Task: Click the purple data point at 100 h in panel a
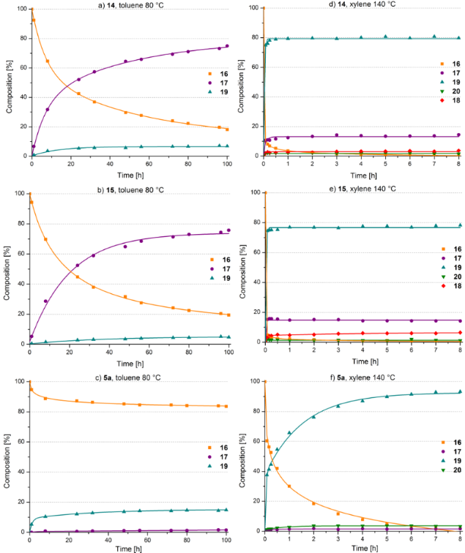(x=228, y=46)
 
